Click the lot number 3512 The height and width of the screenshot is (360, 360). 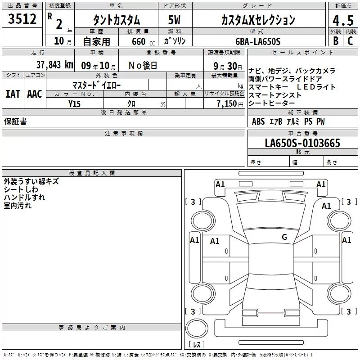tap(22, 19)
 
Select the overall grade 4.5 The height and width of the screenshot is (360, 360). tap(343, 20)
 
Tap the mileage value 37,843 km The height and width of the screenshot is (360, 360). tap(55, 65)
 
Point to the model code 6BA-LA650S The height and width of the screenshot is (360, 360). tap(258, 41)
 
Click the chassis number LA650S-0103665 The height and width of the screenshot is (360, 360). tap(302, 143)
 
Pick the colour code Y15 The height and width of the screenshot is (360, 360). tap(74, 104)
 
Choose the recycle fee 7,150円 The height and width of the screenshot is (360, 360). tap(230, 104)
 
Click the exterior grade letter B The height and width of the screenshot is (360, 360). tap(336, 41)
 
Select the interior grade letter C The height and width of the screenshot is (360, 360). tap(350, 41)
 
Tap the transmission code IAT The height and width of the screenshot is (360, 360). tap(13, 94)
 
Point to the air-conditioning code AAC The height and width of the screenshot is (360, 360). tap(35, 94)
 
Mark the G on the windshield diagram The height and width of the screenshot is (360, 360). tap(284, 237)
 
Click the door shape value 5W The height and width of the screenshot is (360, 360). tap(174, 20)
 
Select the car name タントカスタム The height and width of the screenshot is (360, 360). tap(117, 20)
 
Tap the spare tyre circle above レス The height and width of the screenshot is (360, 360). tap(197, 328)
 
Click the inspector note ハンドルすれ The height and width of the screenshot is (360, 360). tap(24, 198)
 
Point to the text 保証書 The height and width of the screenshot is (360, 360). tap(15, 121)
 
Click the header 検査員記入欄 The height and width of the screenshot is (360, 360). tap(92, 173)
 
